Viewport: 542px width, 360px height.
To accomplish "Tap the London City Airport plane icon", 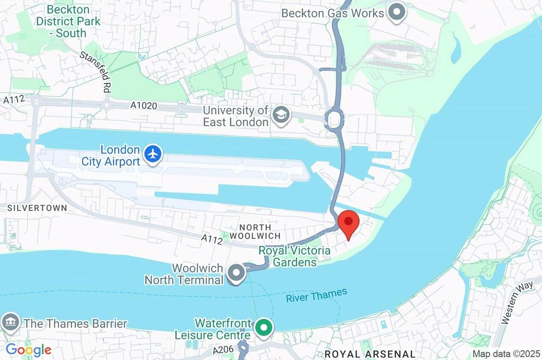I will [x=153, y=154].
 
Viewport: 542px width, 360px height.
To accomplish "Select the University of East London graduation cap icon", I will [x=281, y=114].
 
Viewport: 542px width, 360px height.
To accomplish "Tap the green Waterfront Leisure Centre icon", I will [x=263, y=328].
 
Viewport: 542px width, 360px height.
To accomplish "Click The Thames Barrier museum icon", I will [x=11, y=322].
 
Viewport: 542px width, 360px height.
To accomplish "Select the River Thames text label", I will [x=317, y=295].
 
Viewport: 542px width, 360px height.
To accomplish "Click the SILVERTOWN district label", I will [x=37, y=208].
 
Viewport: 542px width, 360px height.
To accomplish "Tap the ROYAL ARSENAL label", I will [x=369, y=354].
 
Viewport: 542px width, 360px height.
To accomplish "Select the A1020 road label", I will [x=144, y=106].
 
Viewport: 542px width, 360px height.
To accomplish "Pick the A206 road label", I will [x=222, y=350].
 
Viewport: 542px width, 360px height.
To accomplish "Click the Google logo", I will [x=29, y=349].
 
